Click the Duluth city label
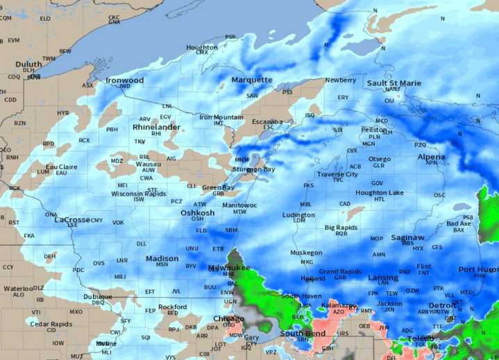pos(28,64)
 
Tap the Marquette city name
pos(252,80)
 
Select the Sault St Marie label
pos(394,83)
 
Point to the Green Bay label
pos(218,187)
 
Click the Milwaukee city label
pos(229,268)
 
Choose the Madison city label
pos(162,259)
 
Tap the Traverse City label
pos(337,174)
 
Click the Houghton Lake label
pos(380,193)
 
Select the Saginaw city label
pos(407,237)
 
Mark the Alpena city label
pos(431,157)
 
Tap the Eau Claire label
pos(62,167)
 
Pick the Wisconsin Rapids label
pos(139,194)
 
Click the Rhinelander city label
pos(156,128)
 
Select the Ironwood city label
pos(125,80)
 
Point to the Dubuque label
pos(98,296)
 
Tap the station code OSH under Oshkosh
pos(198,219)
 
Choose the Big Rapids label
pos(341,228)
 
